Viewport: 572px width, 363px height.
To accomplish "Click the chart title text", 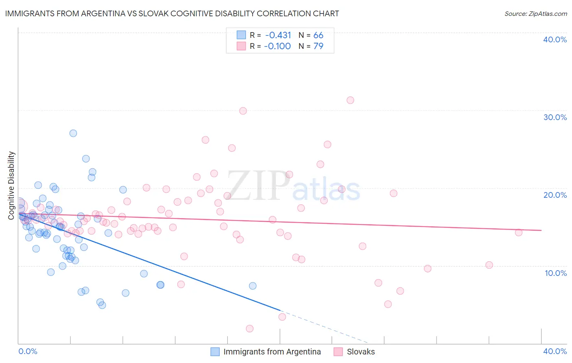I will [x=172, y=13].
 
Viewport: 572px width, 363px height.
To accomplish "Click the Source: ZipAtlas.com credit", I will [x=535, y=13].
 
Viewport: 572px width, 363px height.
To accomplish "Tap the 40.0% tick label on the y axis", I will [x=555, y=39].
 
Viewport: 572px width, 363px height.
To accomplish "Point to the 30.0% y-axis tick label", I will [x=555, y=117].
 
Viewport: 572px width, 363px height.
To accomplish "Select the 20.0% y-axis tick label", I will [x=555, y=195].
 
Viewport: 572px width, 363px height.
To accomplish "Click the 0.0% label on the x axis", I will [x=28, y=351].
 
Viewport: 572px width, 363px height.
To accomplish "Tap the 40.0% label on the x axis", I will [x=555, y=351].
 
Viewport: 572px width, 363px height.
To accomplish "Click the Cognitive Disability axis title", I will [x=11, y=186].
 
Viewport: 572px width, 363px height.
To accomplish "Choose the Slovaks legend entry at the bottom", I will [x=360, y=352].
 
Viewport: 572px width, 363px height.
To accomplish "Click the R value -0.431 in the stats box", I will [x=278, y=35].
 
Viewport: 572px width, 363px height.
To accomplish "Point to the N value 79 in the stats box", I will [x=318, y=46].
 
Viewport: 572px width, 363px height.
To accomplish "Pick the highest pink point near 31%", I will [x=350, y=100].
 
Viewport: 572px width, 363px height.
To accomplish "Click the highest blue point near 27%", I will [x=73, y=133].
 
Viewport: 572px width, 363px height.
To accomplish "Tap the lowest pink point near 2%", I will [x=250, y=328].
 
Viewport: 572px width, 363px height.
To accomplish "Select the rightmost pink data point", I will [x=519, y=232].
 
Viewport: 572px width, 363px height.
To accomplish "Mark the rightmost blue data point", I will [x=253, y=286].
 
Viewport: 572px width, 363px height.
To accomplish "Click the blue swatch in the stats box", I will [x=241, y=35].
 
